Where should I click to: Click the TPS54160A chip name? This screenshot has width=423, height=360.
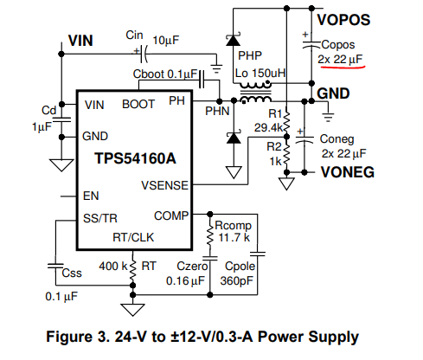(135, 158)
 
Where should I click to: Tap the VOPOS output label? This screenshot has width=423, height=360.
(343, 20)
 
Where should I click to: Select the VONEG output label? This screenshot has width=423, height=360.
(348, 172)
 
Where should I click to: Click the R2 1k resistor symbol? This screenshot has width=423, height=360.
(286, 156)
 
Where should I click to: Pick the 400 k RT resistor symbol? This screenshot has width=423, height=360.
(132, 271)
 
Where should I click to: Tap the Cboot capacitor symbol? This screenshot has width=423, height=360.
(202, 80)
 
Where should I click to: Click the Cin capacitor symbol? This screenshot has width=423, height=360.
(144, 54)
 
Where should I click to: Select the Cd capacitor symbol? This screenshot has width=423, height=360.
(61, 119)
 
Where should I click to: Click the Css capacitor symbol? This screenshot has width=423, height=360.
(55, 266)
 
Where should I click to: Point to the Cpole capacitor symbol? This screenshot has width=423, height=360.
(257, 254)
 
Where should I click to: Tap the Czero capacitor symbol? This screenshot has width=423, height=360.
(210, 258)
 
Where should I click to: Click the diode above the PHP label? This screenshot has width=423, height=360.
(233, 40)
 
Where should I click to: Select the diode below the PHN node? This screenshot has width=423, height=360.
(234, 138)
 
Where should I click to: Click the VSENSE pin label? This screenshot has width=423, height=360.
(164, 185)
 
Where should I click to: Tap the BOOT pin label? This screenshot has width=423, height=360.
(138, 104)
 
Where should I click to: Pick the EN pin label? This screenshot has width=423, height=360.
(91, 196)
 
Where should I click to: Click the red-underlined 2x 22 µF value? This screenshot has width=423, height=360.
(340, 60)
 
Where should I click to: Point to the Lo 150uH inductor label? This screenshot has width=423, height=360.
(260, 74)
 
